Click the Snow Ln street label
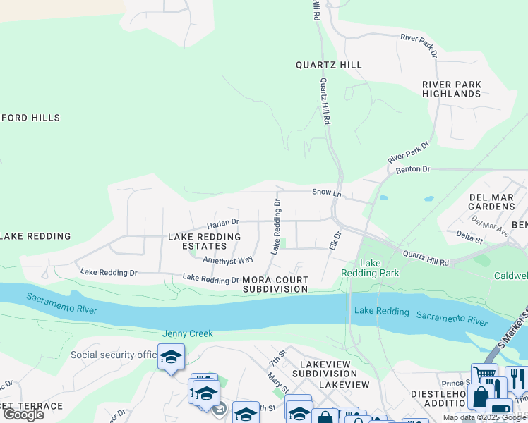coord(327,193)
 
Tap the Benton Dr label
coord(413,170)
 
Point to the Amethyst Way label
coord(227,260)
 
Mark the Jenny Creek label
coord(188,333)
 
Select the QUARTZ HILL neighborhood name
coord(328,65)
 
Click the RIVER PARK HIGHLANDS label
coord(452,89)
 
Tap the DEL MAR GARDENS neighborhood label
coord(492,202)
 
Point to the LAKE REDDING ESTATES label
coord(203,241)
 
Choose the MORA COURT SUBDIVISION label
coord(275,284)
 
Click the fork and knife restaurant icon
coord(517,380)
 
